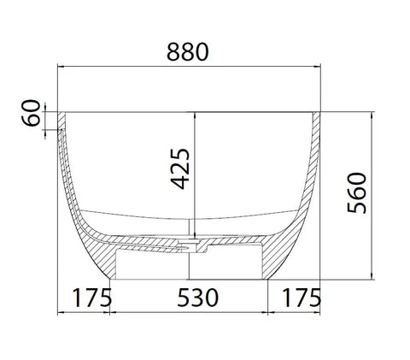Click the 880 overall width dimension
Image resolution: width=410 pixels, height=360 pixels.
coord(189,51)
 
